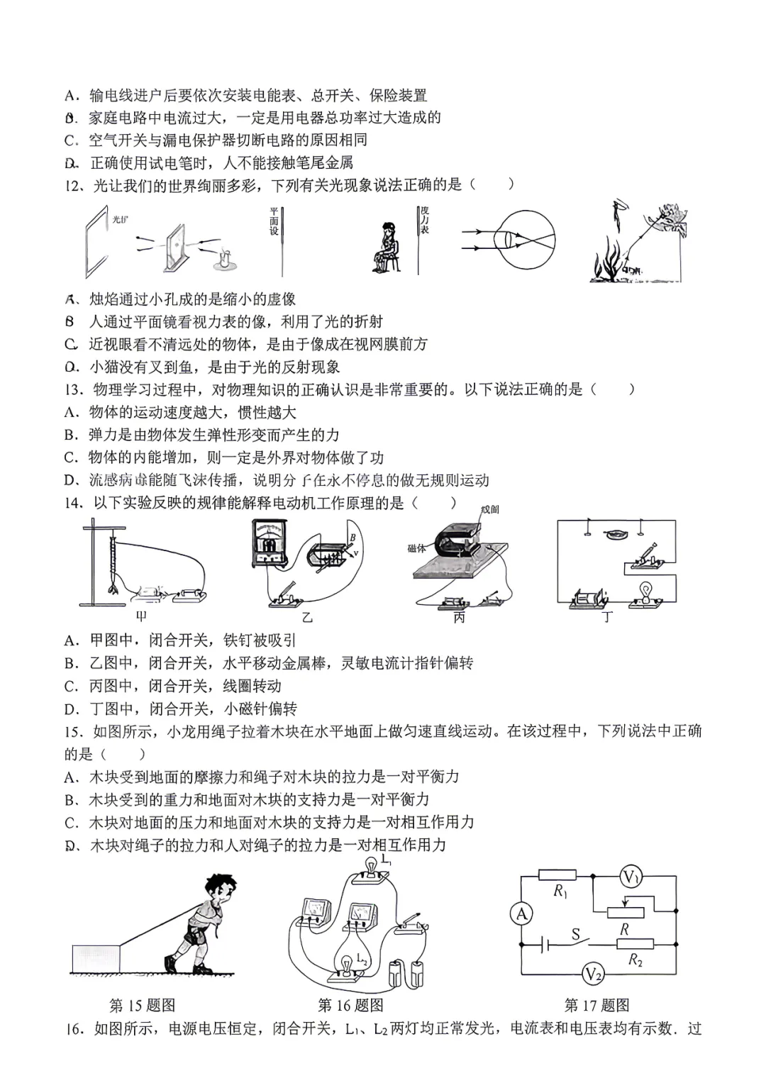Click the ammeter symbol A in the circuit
pos(522,914)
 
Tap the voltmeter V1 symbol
pos(630,877)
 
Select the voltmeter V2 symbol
pos(593,974)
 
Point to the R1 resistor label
pos(560,892)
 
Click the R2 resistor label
pos(635,960)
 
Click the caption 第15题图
pos(142,1005)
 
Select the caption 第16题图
pos(350,1005)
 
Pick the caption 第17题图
pos(596,1005)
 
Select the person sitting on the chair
pos(387,248)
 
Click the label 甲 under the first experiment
pos(140,616)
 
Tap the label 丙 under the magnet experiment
pos(459,617)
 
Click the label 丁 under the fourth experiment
pos(607,616)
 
